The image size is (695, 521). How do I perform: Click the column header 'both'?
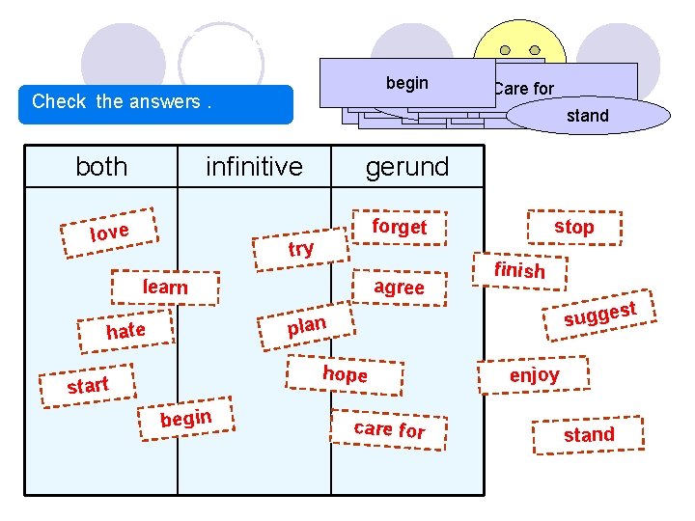[x=101, y=167]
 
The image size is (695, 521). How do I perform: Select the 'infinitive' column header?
[x=254, y=167]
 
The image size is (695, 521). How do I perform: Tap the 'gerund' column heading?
[x=406, y=167]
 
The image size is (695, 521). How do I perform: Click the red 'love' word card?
[x=109, y=232]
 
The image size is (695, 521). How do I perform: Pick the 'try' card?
[x=301, y=249]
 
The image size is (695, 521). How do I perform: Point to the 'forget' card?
[x=399, y=227]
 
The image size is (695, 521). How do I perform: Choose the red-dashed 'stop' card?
[x=573, y=227]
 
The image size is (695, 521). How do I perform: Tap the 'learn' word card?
[x=165, y=287]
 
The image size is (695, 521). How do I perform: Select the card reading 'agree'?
[x=399, y=287]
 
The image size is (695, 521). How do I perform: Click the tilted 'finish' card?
[x=519, y=270]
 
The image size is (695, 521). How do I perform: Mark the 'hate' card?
[x=125, y=331]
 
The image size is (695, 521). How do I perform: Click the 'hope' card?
[x=345, y=373]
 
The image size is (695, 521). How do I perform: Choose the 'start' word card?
[x=88, y=385]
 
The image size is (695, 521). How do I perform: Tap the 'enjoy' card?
[x=534, y=374]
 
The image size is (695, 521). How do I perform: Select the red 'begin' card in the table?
[x=185, y=418]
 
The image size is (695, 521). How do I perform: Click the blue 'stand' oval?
[x=587, y=116]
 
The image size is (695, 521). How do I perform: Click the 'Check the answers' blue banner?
[x=160, y=102]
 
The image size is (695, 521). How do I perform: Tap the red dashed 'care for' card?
[x=389, y=428]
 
